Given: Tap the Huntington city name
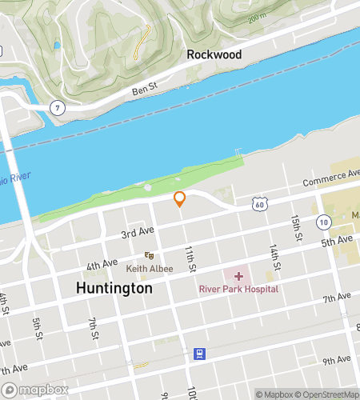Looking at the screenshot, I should [x=114, y=287].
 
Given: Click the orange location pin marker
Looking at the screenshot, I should [x=180, y=198].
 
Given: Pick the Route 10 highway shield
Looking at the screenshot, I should [x=322, y=222].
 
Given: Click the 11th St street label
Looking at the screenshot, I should [x=190, y=257].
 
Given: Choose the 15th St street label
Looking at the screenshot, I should [x=295, y=227].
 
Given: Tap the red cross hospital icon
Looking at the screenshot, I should [x=238, y=275].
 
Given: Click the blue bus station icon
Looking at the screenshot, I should [x=199, y=353].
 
